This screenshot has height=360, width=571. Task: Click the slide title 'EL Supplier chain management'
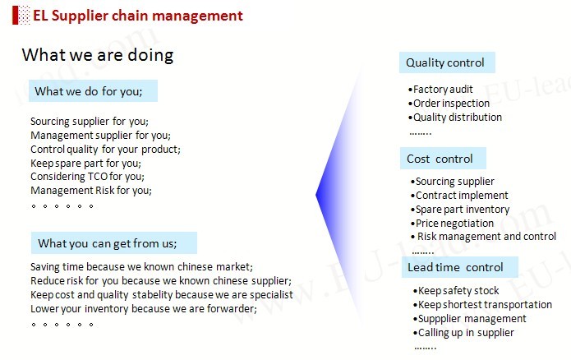138,16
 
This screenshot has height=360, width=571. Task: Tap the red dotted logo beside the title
21,16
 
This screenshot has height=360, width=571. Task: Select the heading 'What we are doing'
98,55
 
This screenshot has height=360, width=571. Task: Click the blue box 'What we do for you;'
93,90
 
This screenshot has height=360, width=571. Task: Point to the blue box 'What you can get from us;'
114,242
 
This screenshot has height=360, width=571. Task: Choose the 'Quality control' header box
447,62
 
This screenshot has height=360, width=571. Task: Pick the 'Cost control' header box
443,158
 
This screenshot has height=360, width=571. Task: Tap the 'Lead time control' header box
459,267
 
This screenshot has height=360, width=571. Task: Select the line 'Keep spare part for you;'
85,163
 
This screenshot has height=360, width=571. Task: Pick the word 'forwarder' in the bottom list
231,308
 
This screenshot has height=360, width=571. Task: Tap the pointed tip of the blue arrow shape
315,195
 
